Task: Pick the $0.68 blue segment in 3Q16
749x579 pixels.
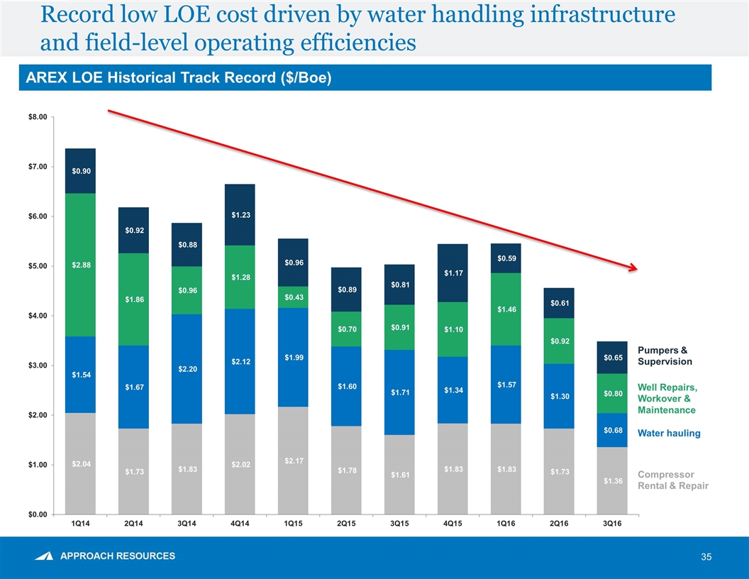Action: (x=612, y=430)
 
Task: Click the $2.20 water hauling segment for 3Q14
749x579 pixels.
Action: (x=186, y=369)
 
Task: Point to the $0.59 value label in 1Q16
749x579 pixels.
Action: (x=506, y=258)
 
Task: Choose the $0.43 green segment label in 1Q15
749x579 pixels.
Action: (x=292, y=297)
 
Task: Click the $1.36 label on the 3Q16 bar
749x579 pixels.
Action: (x=612, y=481)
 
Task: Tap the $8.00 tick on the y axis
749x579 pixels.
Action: (x=37, y=116)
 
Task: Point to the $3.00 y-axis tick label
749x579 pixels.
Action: (x=37, y=365)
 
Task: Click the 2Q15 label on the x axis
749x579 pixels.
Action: (x=346, y=524)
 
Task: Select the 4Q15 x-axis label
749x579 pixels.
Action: (x=453, y=524)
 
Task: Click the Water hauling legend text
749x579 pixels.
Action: (x=669, y=433)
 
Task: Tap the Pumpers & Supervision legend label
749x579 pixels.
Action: (x=665, y=355)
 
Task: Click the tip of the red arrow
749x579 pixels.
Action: (x=636, y=269)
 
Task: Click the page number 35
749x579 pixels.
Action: (x=706, y=557)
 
